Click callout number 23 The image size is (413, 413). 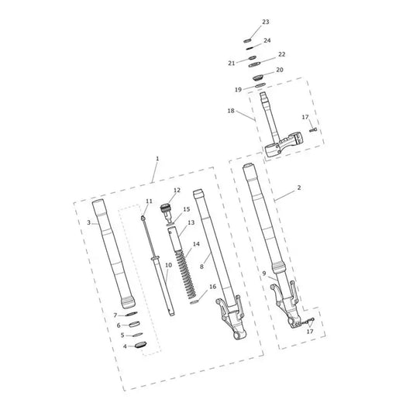pyautogui.click(x=266, y=22)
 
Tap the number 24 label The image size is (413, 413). pyautogui.click(x=267, y=40)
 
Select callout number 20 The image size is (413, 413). pyautogui.click(x=280, y=70)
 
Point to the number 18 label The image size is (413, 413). pyautogui.click(x=231, y=111)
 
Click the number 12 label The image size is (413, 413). pyautogui.click(x=177, y=190)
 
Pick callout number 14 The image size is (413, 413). pyautogui.click(x=196, y=244)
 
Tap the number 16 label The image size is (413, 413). pyautogui.click(x=212, y=287)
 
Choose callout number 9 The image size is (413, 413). pyautogui.click(x=264, y=274)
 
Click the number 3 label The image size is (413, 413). pyautogui.click(x=89, y=222)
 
